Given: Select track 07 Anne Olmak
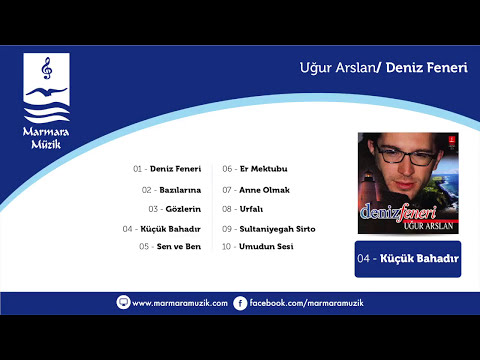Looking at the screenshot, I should (256, 189).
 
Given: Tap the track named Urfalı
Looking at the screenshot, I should (250, 208).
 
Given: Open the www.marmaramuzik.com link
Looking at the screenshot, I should (179, 302).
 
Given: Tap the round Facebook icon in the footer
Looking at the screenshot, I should (240, 302).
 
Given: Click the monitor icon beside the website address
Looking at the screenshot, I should (124, 302).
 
